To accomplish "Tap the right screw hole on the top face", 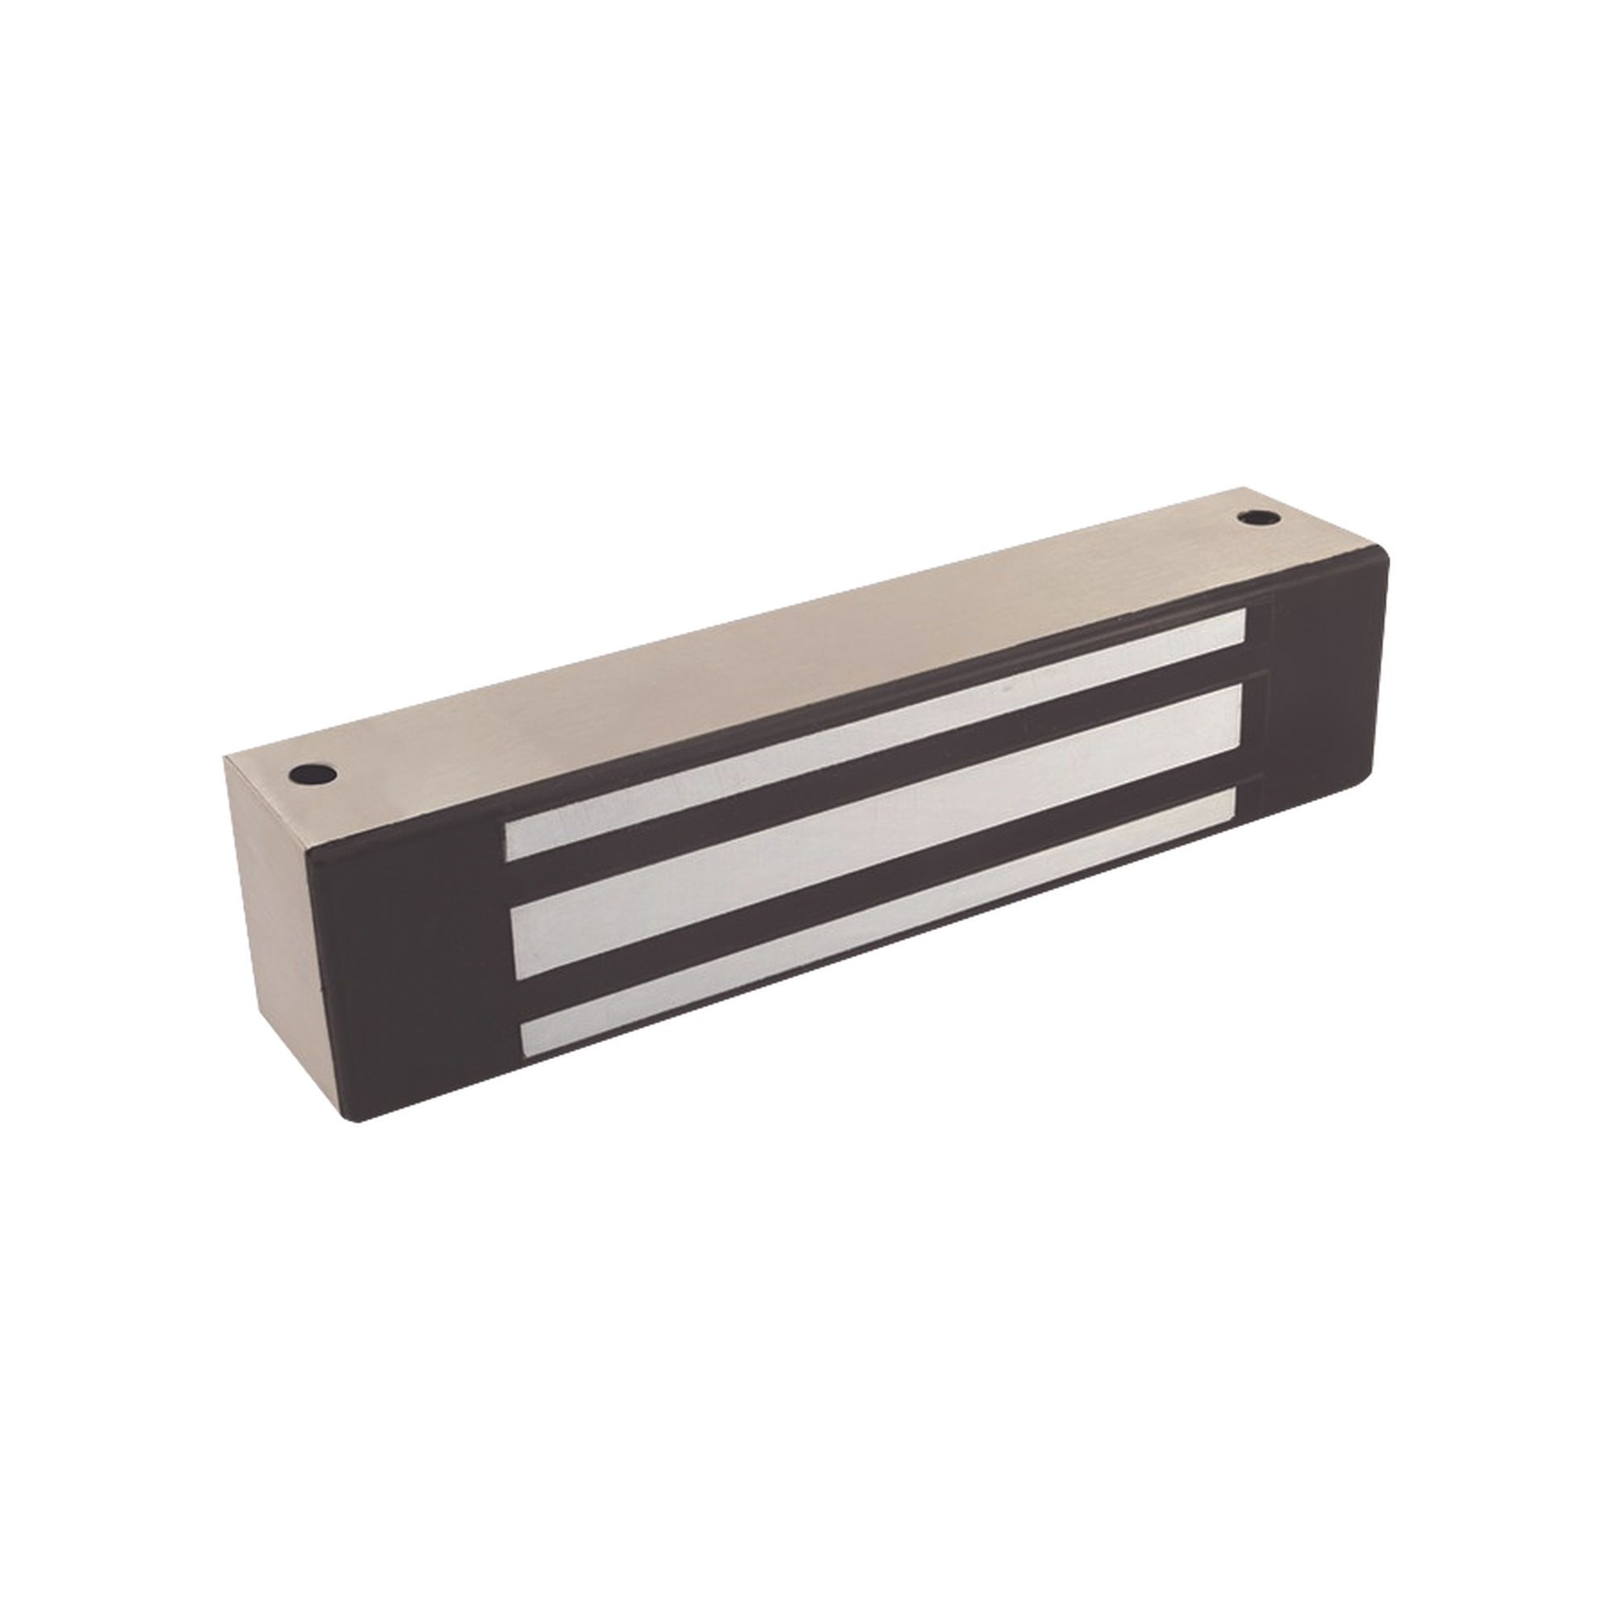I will (1253, 519).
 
